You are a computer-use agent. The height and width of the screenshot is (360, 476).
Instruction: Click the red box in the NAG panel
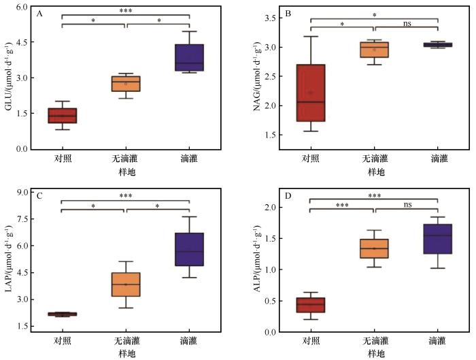pyautogui.click(x=311, y=93)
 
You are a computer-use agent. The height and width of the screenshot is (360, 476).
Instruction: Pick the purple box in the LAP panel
pyautogui.click(x=189, y=249)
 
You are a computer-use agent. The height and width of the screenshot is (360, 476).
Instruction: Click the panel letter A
pyautogui.click(x=40, y=14)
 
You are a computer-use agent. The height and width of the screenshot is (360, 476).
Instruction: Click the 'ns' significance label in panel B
pyautogui.click(x=407, y=23)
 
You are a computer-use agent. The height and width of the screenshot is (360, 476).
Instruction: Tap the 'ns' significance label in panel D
pyautogui.click(x=407, y=203)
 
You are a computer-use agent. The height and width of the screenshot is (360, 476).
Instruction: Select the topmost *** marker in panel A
pyautogui.click(x=125, y=11)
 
